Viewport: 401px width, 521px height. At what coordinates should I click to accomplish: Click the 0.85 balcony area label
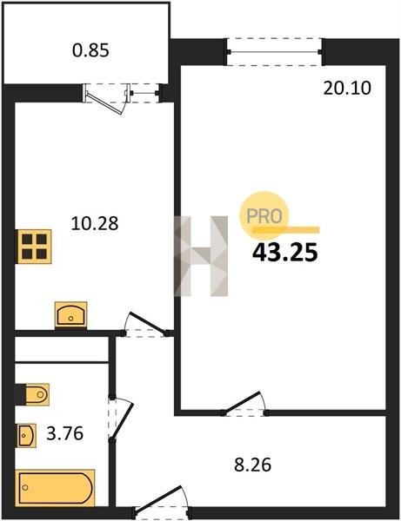90,51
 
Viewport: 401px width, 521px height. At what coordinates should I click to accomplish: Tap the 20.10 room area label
347,89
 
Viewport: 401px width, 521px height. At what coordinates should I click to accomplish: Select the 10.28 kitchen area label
95,223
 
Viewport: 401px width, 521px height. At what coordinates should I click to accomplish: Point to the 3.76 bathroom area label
65,433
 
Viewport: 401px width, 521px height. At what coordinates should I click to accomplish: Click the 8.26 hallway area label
253,465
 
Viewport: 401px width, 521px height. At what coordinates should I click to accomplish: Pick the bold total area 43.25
285,253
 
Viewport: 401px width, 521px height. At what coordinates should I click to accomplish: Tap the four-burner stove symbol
34,247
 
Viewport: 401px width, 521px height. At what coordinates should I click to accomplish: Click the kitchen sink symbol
70,315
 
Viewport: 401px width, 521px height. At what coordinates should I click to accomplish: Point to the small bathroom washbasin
27,436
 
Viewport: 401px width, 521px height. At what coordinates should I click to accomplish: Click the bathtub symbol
56,487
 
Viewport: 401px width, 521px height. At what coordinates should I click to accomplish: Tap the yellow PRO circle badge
264,215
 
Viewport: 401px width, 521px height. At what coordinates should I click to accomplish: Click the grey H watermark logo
201,256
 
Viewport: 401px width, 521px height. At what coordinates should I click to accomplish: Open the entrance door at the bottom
161,503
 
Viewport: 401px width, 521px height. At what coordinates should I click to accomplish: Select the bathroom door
121,418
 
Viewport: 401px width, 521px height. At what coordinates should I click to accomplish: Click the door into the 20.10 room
245,404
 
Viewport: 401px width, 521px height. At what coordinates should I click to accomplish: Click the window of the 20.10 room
274,52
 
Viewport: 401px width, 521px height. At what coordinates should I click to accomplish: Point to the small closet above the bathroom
62,349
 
